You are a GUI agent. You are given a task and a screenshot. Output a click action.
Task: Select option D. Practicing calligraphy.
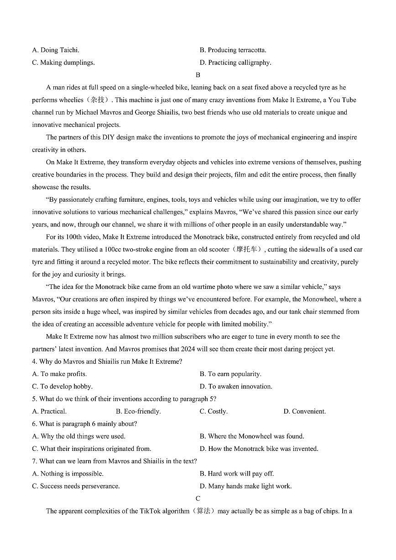pyautogui.click(x=235, y=63)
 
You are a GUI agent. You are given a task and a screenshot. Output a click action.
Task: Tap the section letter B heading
pyautogui.click(x=198, y=75)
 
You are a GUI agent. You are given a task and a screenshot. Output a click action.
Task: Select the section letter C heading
pyautogui.click(x=198, y=498)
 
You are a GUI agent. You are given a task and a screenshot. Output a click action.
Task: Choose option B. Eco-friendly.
pyautogui.click(x=138, y=411)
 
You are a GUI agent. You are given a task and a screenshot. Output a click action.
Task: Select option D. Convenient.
pyautogui.click(x=304, y=411)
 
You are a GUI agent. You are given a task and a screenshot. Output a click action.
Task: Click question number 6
pyautogui.click(x=35, y=424)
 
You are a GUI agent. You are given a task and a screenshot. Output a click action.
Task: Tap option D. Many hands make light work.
pyautogui.click(x=245, y=486)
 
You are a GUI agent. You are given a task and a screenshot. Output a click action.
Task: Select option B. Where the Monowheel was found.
pyautogui.click(x=251, y=436)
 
